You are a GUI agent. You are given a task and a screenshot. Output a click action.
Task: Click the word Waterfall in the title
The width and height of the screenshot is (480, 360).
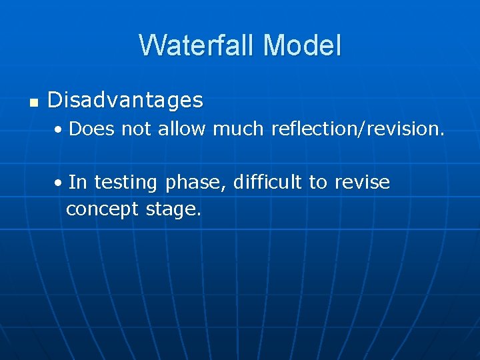pos(197,45)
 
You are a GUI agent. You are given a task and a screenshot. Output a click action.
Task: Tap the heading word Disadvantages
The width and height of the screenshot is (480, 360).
pos(125,101)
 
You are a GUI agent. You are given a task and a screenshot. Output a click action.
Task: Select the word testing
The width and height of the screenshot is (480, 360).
pos(127,183)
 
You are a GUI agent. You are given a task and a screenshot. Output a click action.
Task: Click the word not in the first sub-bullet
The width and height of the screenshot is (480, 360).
pos(137,129)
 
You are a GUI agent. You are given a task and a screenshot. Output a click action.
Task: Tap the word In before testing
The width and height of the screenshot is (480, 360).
pos(78,182)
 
